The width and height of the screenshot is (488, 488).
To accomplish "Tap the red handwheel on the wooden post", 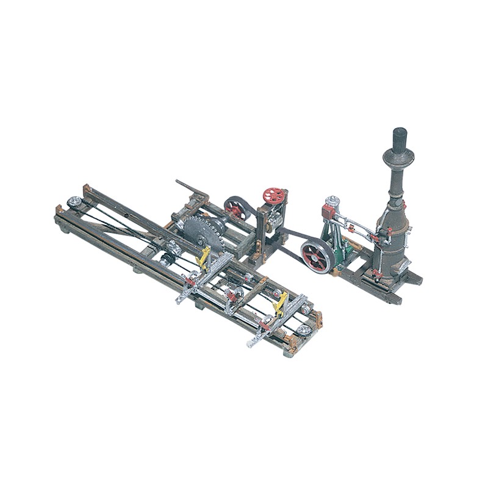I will [x=274, y=196].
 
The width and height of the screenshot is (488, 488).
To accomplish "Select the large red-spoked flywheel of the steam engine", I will [x=316, y=256].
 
